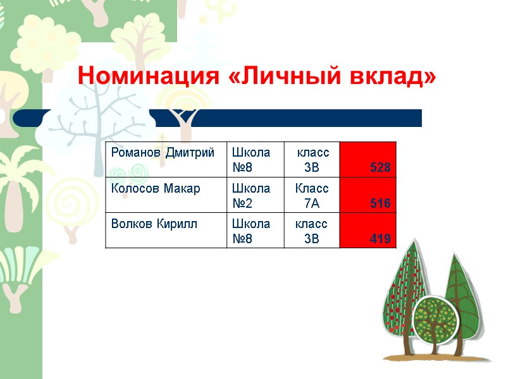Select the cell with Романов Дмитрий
pyautogui.click(x=166, y=159)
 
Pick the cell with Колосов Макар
pyautogui.click(x=166, y=195)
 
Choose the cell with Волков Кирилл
pyautogui.click(x=166, y=230)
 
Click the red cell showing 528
pyautogui.click(x=368, y=159)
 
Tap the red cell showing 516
pyautogui.click(x=368, y=195)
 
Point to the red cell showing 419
pyautogui.click(x=368, y=230)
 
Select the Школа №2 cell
pyautogui.click(x=256, y=195)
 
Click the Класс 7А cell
pyautogui.click(x=312, y=195)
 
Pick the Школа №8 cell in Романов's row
pyautogui.click(x=256, y=159)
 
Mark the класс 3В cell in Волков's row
pyautogui.click(x=312, y=230)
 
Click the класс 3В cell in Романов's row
pyautogui.click(x=312, y=159)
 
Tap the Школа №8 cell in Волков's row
pyautogui.click(x=256, y=230)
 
